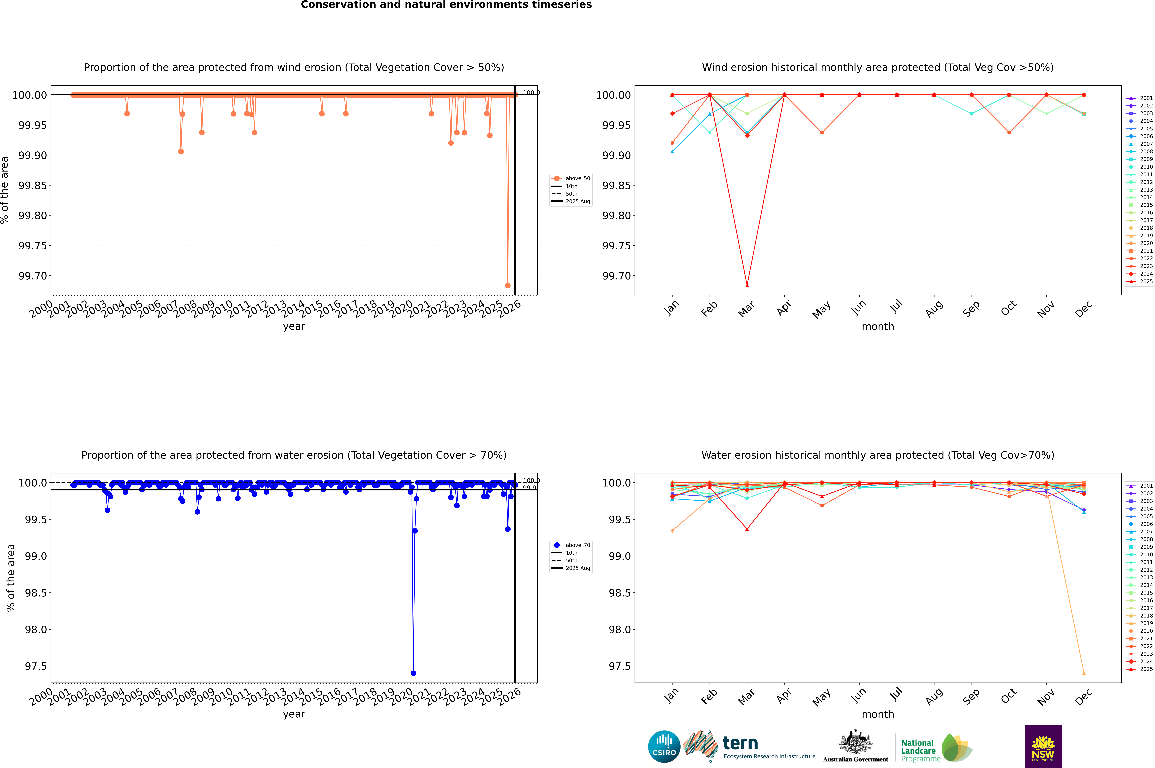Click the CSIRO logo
[x=664, y=746]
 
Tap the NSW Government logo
[x=1043, y=746]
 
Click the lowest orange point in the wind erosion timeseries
[x=508, y=286]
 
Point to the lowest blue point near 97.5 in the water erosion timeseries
[x=413, y=673]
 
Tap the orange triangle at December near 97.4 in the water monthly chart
[x=1084, y=673]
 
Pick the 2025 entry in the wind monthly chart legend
[x=1146, y=282]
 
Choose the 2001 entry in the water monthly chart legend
[x=1146, y=486]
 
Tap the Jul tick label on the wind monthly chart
[x=896, y=307]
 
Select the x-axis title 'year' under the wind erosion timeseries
[x=294, y=326]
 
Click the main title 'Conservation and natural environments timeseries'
[x=446, y=5]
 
